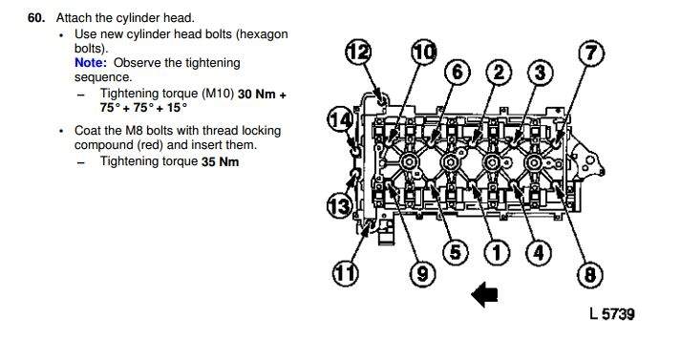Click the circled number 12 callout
[358, 53]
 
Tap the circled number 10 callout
[424, 53]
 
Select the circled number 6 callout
[458, 72]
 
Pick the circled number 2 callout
[499, 73]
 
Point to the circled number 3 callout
[541, 73]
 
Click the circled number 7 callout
[591, 53]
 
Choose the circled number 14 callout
[340, 119]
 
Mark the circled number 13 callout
[339, 205]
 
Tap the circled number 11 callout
[346, 274]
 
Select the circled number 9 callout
[423, 274]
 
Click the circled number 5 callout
[455, 252]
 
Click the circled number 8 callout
[589, 275]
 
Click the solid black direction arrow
[484, 294]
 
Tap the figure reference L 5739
[612, 313]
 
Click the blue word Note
[91, 63]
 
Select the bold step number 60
[36, 18]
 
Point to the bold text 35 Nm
[220, 161]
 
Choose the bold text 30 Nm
[258, 94]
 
